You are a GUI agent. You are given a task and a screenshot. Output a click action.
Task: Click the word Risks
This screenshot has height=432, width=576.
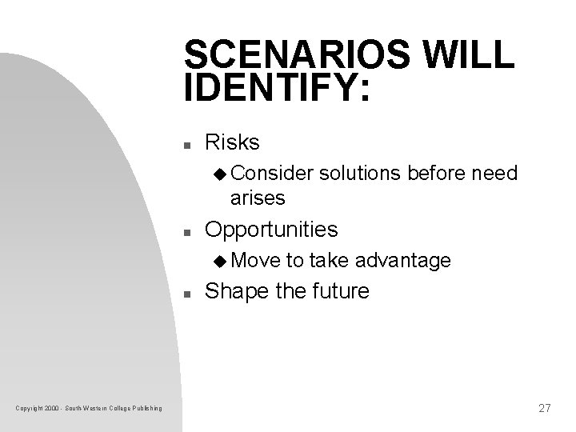[x=233, y=143]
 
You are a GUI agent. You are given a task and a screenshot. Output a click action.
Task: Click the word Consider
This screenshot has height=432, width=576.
[x=263, y=174]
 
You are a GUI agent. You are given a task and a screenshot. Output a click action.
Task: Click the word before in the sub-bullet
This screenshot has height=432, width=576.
[x=440, y=174]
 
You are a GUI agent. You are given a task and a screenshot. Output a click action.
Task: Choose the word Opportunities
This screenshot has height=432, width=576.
[x=272, y=230]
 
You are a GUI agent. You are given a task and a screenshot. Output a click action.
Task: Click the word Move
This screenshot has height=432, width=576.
[x=253, y=261]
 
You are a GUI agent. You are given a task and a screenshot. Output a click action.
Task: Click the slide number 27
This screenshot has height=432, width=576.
[x=545, y=408]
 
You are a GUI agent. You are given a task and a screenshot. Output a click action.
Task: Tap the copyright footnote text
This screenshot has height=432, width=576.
[x=89, y=410]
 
